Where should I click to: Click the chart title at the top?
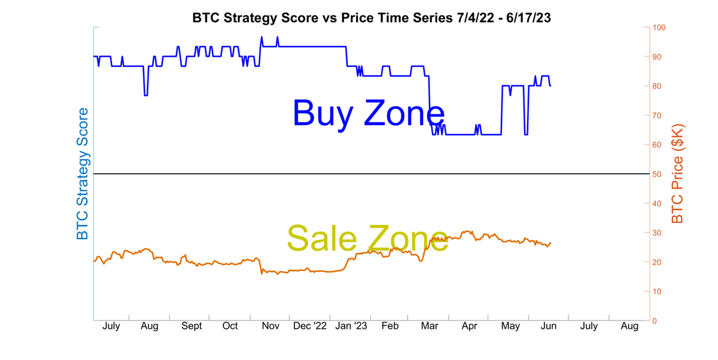pos(371,18)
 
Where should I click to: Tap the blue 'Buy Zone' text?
pos(369,112)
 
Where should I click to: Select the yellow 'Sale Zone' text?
pos(367,238)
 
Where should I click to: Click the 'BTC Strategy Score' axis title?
pos(83,173)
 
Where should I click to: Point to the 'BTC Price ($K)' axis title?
pos(677,173)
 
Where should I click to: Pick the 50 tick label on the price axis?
pos(658,174)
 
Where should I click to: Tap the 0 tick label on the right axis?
pos(655,321)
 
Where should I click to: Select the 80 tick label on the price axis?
pos(658,86)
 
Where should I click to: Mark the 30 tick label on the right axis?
pos(658,233)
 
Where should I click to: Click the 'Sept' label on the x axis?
pos(191,327)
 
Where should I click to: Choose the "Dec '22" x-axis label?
pos(310,327)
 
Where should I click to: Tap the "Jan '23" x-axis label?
pos(351,327)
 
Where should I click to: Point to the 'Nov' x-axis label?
pos(271,327)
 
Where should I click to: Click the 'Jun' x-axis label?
pos(549,327)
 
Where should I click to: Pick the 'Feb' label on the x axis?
pos(390,327)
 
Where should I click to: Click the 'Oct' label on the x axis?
pos(230,327)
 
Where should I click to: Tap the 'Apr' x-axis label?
pos(470,327)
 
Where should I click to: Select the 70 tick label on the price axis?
pos(658,115)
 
